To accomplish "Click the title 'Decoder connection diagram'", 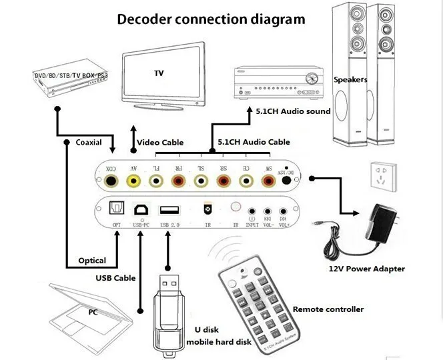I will click(x=211, y=19).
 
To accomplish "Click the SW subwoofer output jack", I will click(x=268, y=180).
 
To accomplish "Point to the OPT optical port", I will click(x=117, y=209).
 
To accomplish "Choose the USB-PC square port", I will click(x=141, y=209).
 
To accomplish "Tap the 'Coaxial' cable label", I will click(x=89, y=142).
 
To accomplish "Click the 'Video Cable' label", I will click(x=160, y=143).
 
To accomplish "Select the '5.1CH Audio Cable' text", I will click(x=254, y=142).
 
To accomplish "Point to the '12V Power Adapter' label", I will click(x=366, y=269).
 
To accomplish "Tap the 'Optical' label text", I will click(x=92, y=261).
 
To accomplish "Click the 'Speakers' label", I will click(x=351, y=79).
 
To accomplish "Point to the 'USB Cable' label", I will click(x=115, y=277).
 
